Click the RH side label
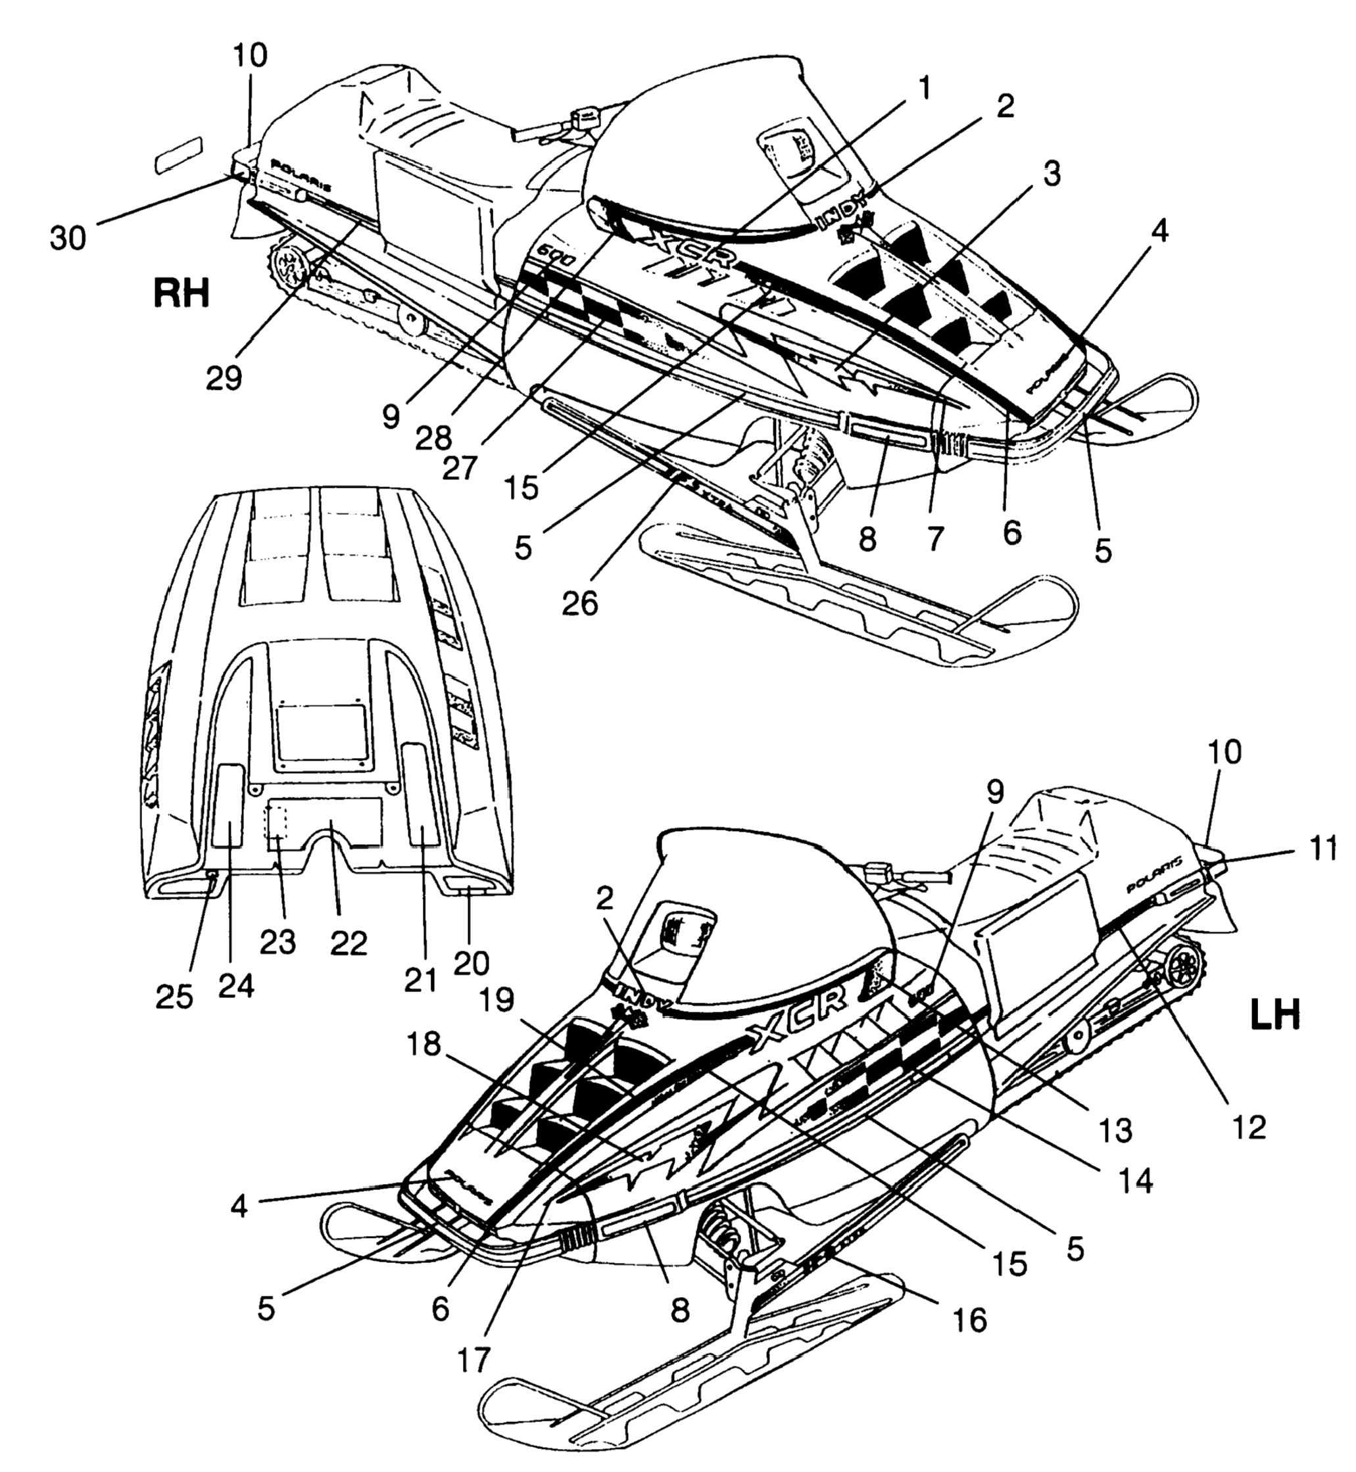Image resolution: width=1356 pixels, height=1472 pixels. click(x=182, y=293)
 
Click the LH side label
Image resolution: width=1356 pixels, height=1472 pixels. click(x=1274, y=1016)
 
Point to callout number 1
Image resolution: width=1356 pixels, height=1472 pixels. click(x=925, y=88)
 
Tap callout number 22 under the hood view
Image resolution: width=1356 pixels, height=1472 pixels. click(x=348, y=944)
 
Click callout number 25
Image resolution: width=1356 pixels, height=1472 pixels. click(x=175, y=996)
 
